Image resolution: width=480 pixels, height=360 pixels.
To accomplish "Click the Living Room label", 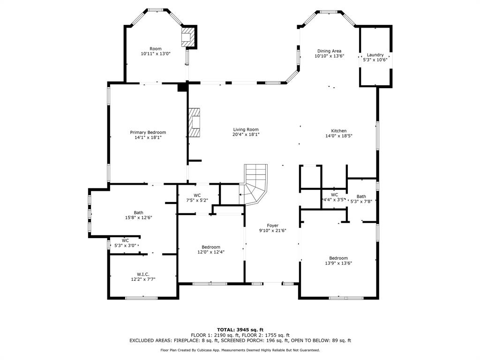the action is coord(246,129).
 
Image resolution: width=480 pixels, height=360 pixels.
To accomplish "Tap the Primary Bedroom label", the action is coord(148,132).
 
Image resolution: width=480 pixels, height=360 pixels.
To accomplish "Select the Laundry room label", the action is coord(375,55).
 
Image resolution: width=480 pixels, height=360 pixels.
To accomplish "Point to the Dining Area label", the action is coord(330,51).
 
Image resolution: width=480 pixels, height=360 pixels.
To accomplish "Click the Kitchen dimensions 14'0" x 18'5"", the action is coord(339,135).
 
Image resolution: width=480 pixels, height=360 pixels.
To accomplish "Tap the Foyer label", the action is coord(272,225).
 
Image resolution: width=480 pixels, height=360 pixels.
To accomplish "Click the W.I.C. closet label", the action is coord(143,274).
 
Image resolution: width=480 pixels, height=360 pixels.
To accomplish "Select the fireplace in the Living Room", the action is coord(195,123).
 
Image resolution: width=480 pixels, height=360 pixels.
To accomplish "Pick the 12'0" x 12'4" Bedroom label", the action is coord(211,247).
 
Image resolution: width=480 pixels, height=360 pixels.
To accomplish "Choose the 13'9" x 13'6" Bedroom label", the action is coord(338,258).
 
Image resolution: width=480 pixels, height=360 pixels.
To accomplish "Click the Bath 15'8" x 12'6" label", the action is coord(139,212).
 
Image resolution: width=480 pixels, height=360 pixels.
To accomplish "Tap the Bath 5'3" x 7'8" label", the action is coord(361,196).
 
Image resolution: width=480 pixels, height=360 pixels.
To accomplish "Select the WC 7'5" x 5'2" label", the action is coord(197,195).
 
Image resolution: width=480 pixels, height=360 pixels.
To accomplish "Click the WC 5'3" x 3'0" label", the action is coord(125,240).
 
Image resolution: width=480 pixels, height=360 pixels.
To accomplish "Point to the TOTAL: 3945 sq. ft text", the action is coord(240,330).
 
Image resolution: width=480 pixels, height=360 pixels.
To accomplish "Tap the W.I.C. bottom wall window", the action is coord(142,298).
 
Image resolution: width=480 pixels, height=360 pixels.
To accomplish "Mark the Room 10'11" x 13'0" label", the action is coord(156,49).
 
